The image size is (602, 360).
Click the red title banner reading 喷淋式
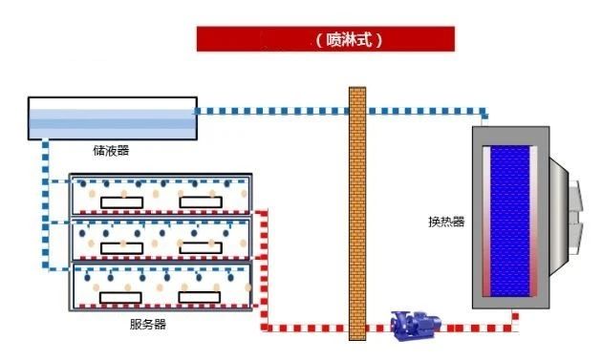(x=325, y=39)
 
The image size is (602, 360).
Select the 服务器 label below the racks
(x=147, y=324)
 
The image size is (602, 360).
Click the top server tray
(x=160, y=195)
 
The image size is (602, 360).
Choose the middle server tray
(x=160, y=239)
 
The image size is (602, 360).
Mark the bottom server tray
(x=160, y=286)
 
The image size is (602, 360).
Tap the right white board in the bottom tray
(x=204, y=293)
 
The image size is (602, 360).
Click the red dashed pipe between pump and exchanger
(x=478, y=328)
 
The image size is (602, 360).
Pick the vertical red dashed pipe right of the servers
(x=263, y=267)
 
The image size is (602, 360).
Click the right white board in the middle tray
(x=204, y=247)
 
